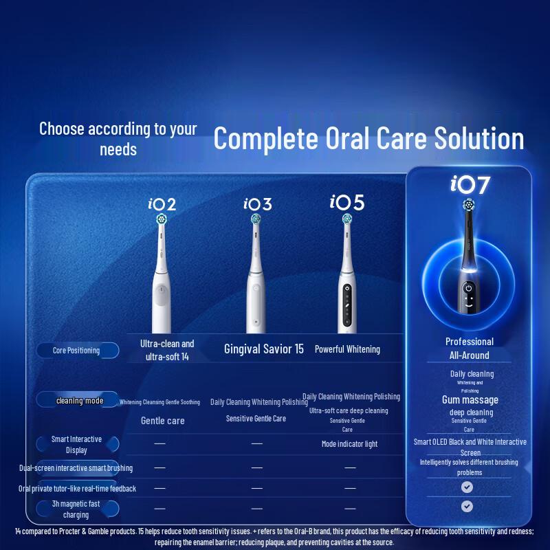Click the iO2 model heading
click(162, 204)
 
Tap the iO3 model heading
click(258, 204)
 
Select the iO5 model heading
click(346, 203)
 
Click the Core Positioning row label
click(76, 351)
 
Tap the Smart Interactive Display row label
click(76, 444)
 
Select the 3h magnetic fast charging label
click(76, 509)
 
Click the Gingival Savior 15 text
click(264, 349)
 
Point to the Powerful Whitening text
click(347, 349)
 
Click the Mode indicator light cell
click(349, 444)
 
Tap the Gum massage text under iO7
click(470, 400)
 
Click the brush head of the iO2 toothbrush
click(162, 219)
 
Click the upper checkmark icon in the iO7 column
click(467, 487)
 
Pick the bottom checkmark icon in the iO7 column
click(467, 506)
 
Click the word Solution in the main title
click(474, 138)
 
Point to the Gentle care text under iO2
click(162, 421)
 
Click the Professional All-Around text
click(469, 349)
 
